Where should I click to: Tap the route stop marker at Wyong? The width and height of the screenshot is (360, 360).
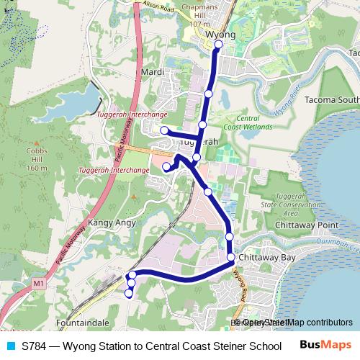[x=218, y=43]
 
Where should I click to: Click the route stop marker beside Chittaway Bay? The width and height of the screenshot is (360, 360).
[x=231, y=257]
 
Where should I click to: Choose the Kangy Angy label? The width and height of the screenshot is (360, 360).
[x=112, y=223]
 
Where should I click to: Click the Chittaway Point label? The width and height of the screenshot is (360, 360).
[x=307, y=225]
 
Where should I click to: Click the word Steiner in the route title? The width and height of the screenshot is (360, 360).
[x=219, y=346]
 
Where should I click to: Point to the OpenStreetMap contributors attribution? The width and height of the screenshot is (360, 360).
[x=296, y=322]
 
